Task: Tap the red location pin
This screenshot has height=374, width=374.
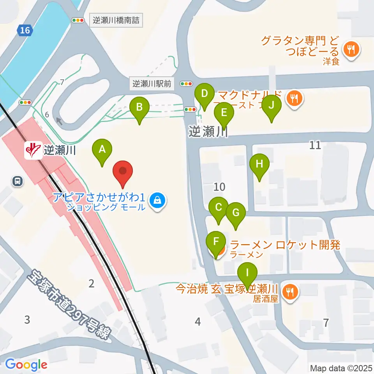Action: pos(123,172)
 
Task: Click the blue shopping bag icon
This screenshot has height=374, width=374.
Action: pos(157,201)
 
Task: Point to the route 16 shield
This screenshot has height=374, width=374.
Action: pos(25,31)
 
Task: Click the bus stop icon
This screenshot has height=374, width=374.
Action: pos(17,181)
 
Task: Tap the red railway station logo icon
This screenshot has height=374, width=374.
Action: pos(34,150)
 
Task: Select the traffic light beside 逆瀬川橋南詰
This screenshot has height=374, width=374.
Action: pos(78,19)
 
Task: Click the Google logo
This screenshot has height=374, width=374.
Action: pos(26,365)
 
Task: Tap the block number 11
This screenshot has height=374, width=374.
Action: pos(315,145)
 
